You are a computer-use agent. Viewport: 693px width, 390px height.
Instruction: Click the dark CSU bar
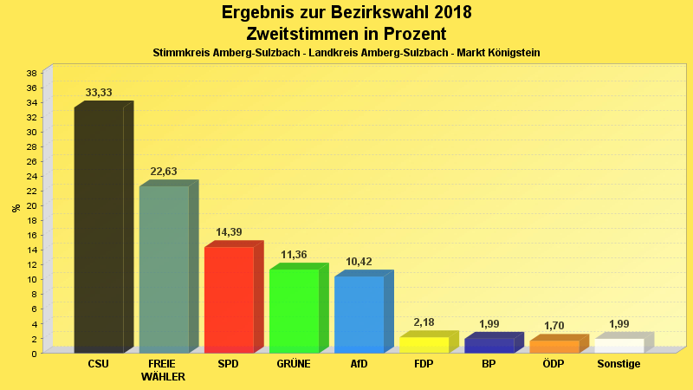99,230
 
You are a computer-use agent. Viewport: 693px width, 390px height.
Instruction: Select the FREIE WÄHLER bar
164,270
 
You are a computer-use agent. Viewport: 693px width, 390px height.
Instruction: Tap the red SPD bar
229,299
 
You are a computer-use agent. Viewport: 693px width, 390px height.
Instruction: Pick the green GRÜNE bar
294,310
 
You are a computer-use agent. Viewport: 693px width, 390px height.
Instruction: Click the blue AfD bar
359,314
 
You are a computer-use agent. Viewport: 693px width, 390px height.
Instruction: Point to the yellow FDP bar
424,344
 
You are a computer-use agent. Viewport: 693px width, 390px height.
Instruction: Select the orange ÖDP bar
554,346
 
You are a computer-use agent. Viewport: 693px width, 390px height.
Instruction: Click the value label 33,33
99,93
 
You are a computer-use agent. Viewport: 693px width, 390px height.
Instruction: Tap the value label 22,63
164,172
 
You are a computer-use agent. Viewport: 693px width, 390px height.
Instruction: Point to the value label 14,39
229,232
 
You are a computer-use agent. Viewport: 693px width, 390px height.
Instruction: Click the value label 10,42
359,262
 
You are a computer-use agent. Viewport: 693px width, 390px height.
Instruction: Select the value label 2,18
424,322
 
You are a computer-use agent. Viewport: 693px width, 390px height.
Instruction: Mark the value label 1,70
554,326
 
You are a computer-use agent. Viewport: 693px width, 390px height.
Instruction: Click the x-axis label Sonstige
619,364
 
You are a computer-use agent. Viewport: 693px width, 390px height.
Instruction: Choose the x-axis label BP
489,364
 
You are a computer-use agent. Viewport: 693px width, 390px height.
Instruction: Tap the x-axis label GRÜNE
294,364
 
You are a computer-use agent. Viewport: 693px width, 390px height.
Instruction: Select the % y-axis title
16,207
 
